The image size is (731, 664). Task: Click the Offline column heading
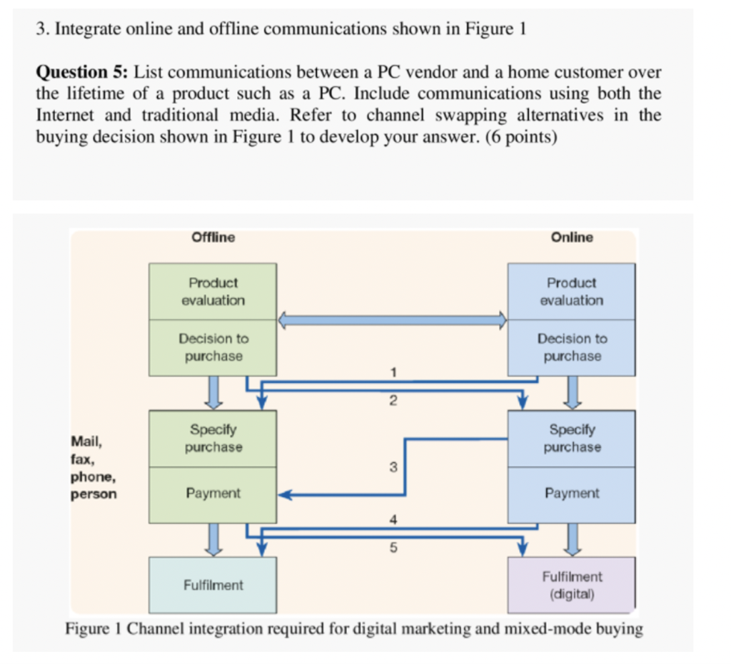point(213,237)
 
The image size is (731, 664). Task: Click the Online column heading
point(572,237)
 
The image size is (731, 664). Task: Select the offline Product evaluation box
point(213,292)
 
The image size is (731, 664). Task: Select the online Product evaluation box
point(571,292)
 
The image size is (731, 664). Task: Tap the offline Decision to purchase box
point(213,347)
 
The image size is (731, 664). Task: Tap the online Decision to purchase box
point(571,347)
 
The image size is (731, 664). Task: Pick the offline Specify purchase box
point(213,439)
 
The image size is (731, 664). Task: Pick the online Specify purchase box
point(571,439)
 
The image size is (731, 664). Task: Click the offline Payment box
point(213,494)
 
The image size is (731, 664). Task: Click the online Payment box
point(571,494)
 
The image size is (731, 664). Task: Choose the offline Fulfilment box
point(213,585)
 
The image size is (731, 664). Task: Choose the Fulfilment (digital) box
point(571,585)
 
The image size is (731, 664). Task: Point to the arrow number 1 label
point(392,371)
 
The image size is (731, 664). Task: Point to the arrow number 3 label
point(392,468)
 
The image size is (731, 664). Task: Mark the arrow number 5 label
point(392,548)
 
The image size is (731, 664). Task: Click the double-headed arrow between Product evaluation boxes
point(392,320)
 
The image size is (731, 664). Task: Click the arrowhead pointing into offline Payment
point(284,494)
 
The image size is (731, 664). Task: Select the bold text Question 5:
point(82,72)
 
